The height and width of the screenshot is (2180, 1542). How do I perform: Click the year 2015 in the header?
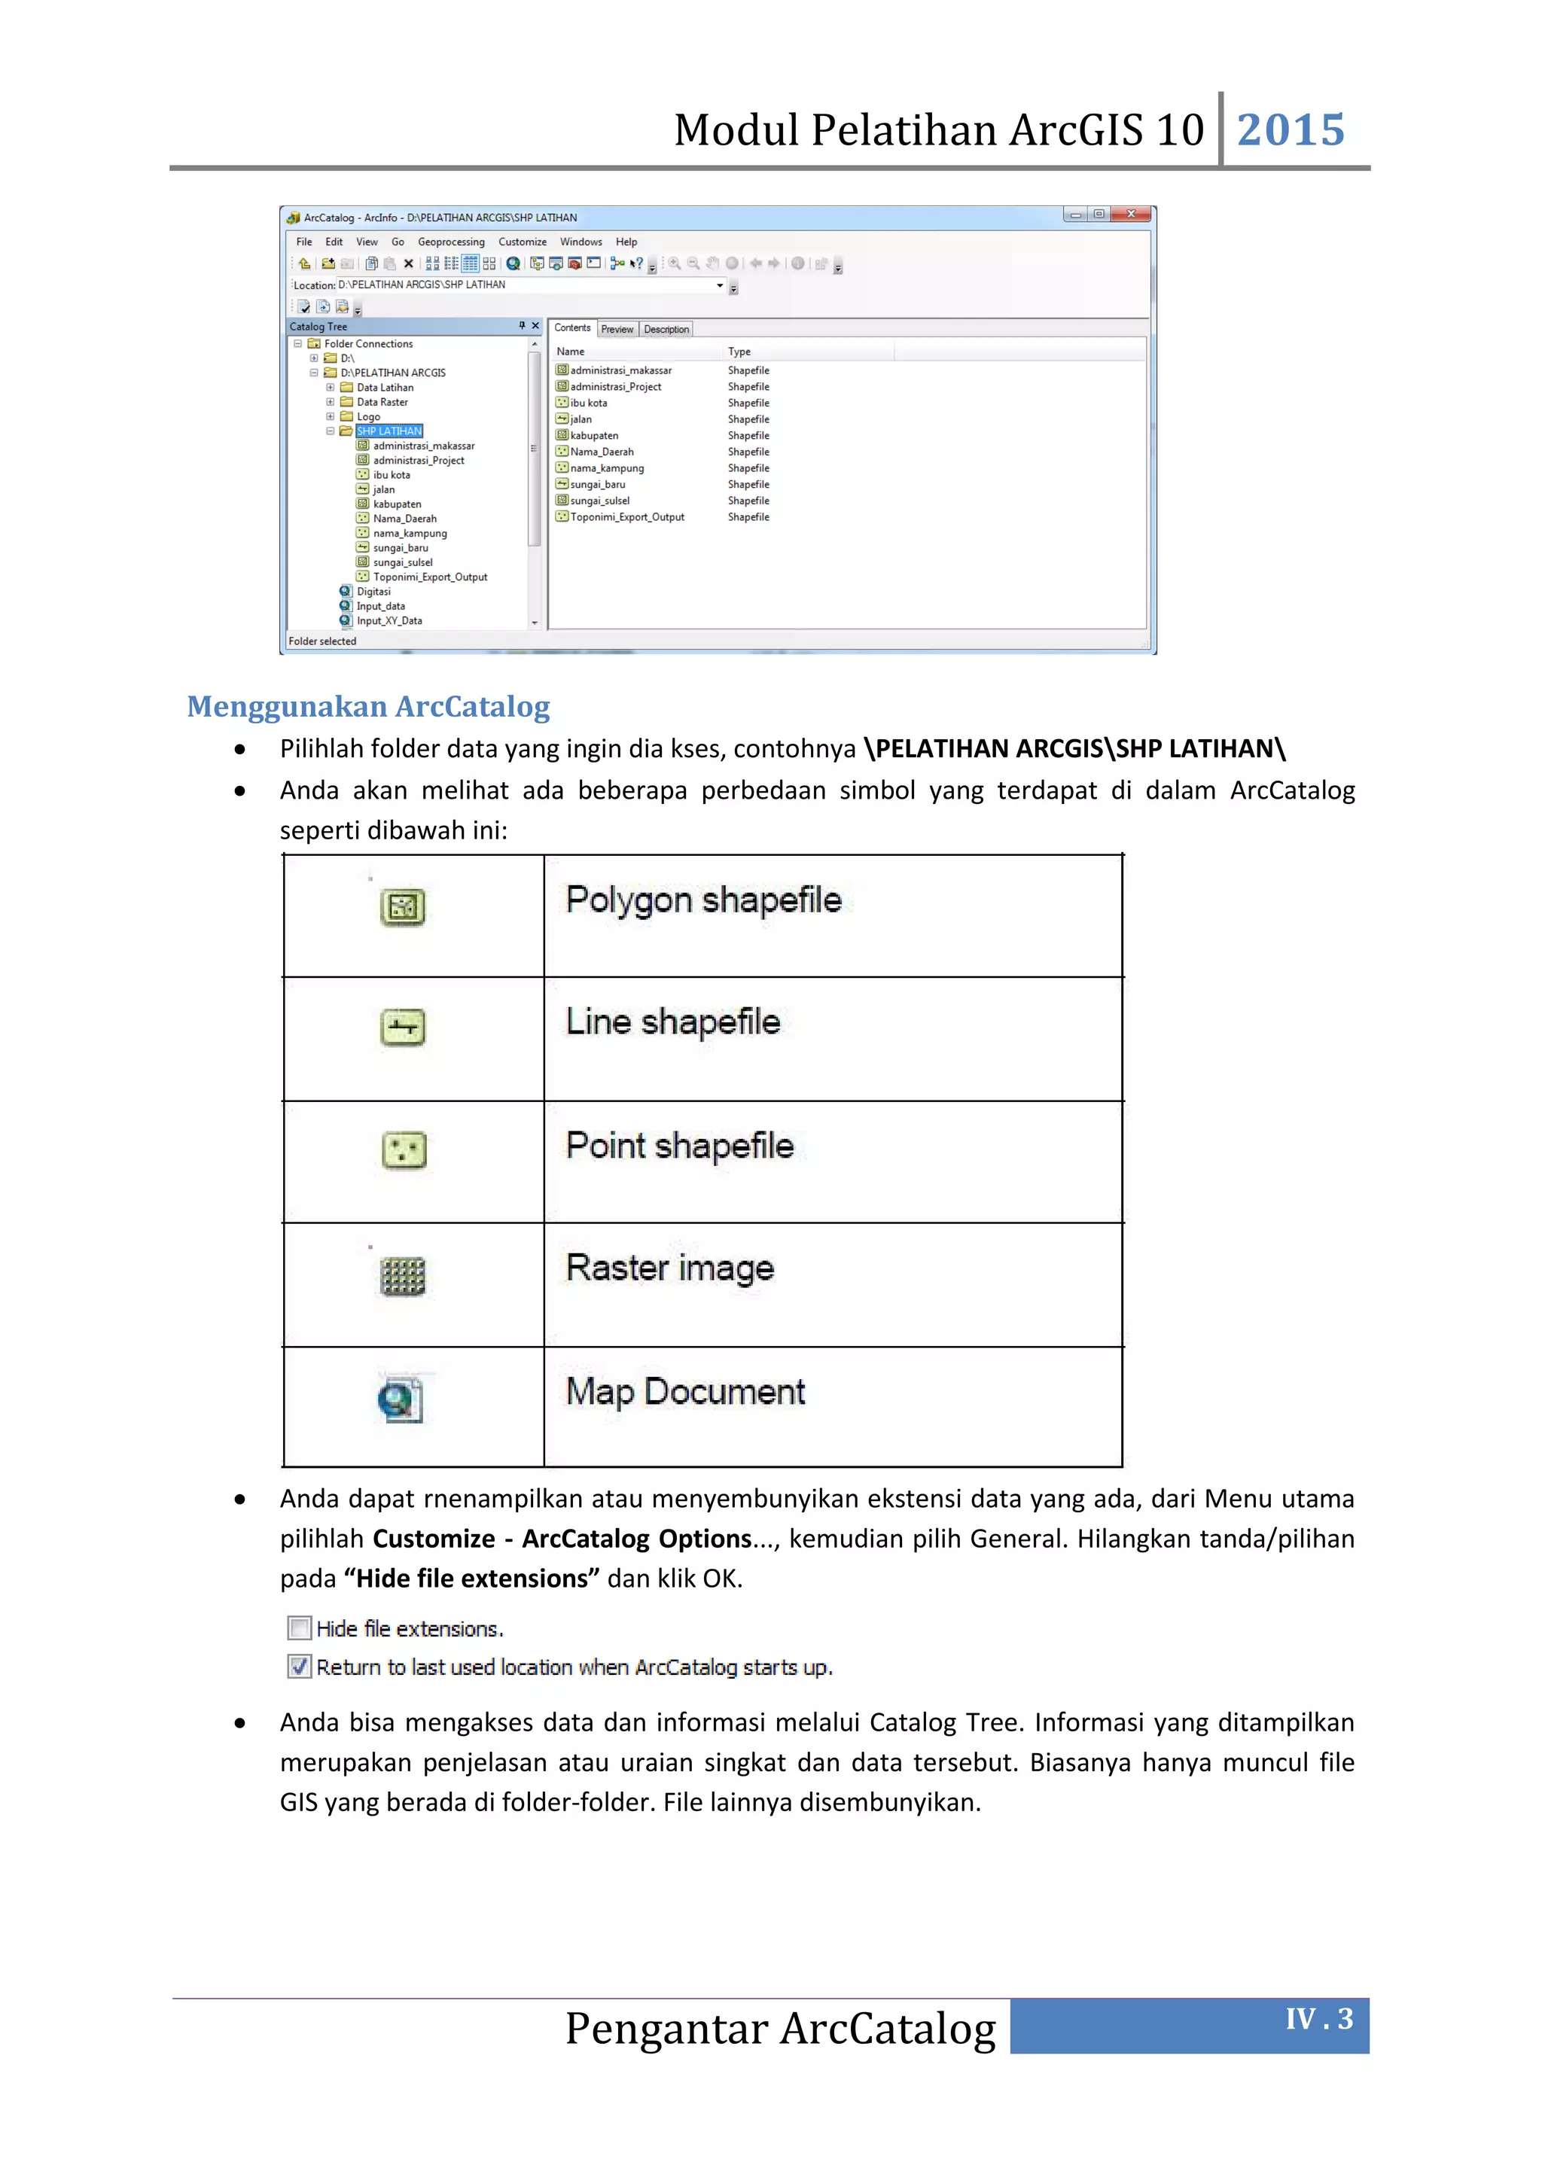[1291, 130]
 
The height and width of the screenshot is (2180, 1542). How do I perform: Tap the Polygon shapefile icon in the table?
[403, 907]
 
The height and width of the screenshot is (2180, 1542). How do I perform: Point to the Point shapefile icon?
[404, 1149]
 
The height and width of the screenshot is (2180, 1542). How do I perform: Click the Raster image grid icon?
[403, 1275]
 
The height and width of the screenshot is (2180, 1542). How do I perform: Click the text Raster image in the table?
[669, 1268]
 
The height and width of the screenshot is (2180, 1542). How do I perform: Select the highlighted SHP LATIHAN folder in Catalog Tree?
[389, 431]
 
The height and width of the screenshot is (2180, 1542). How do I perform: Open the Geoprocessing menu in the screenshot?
[451, 242]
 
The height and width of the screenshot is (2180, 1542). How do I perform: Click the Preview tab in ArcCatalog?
[617, 330]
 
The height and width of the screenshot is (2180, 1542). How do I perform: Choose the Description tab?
[666, 330]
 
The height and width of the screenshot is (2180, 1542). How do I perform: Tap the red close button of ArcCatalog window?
[1131, 215]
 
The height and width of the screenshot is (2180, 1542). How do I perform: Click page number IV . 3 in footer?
[1319, 2019]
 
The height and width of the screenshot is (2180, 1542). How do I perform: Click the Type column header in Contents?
[739, 352]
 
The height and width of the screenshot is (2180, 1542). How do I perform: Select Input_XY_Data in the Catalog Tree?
[389, 621]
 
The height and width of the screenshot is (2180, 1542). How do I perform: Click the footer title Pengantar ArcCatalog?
[781, 2028]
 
